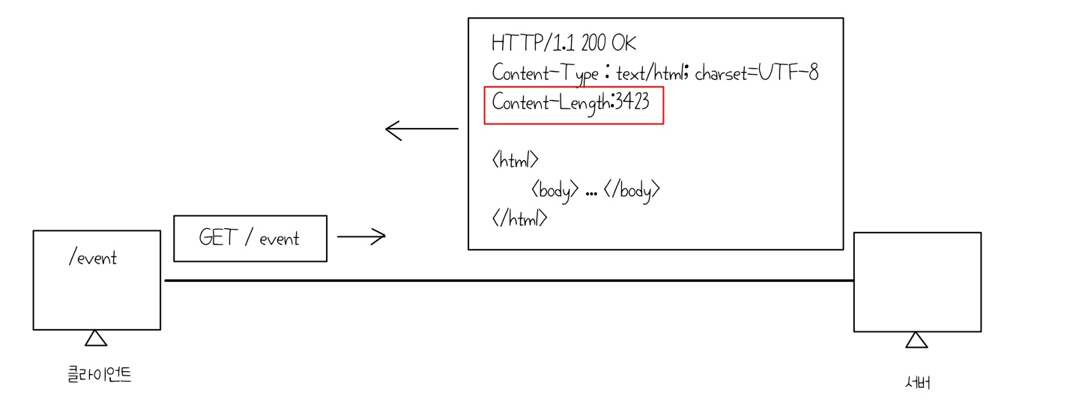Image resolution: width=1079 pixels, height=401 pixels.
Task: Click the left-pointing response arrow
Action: [x=421, y=129]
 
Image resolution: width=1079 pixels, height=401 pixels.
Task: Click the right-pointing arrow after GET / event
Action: [x=361, y=236]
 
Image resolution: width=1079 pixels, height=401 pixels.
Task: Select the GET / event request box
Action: [x=250, y=239]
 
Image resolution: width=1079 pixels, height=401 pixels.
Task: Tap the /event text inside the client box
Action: [x=93, y=259]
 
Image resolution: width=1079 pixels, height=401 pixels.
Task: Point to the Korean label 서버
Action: [x=917, y=382]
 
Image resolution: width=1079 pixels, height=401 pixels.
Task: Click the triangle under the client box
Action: [x=96, y=338]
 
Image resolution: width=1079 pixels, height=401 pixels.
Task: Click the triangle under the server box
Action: [x=916, y=340]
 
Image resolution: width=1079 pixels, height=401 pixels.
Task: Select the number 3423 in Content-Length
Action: [x=632, y=103]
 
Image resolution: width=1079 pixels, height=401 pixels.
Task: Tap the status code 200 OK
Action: [x=608, y=43]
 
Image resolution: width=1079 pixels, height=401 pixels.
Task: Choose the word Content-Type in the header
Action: [x=545, y=73]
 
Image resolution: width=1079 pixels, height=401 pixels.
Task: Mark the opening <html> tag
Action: [x=516, y=159]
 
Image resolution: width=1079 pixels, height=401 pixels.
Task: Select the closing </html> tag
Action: [x=520, y=218]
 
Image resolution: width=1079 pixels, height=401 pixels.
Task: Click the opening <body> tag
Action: [x=554, y=190]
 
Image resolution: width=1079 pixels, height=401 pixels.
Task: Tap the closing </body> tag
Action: [x=632, y=190]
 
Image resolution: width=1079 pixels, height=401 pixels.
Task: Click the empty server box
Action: [x=917, y=281]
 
